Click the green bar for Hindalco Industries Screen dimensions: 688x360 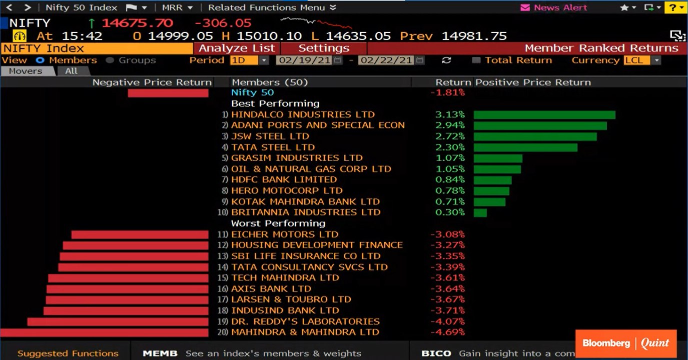(544, 115)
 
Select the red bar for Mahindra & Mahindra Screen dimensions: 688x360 (104, 332)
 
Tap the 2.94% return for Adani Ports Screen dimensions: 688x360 (450, 125)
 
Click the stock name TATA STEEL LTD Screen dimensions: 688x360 (273, 147)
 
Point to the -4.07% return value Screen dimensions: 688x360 (447, 321)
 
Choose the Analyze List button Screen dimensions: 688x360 (237, 48)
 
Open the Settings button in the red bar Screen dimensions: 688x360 (324, 48)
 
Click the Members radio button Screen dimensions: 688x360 (40, 60)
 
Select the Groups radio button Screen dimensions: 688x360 (110, 60)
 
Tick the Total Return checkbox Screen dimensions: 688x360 (476, 60)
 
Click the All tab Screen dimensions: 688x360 (71, 71)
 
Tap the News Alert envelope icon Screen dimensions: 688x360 (525, 7)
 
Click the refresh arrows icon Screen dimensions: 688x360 (446, 60)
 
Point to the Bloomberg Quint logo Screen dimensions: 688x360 (625, 343)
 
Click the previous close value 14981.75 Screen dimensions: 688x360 (474, 36)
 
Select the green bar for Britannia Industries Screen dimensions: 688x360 (480, 212)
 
